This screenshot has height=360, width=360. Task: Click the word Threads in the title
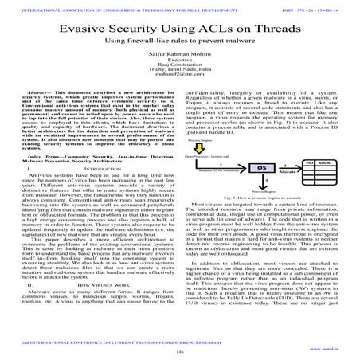(x=252, y=27)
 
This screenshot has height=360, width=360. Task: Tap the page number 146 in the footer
(x=180, y=350)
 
